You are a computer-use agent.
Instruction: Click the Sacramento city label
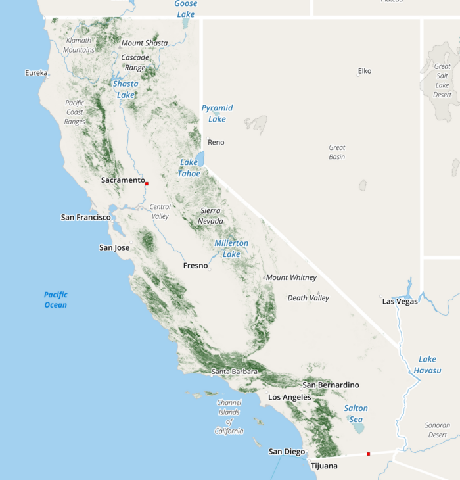tap(123, 180)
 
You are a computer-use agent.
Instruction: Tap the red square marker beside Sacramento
tap(147, 183)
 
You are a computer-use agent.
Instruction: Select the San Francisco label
tap(85, 217)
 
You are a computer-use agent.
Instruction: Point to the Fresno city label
tap(195, 266)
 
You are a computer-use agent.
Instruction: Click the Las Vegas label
tap(400, 301)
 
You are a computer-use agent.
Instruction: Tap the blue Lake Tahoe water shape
tap(200, 159)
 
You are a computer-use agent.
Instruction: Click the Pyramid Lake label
tap(217, 113)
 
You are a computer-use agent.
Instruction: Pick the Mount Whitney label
tap(291, 277)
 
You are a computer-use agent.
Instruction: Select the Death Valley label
tap(308, 298)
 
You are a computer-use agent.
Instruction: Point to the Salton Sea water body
tap(358, 428)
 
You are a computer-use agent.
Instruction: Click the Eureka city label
tap(36, 73)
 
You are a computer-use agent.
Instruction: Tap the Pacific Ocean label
tap(56, 300)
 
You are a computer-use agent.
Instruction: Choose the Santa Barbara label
tap(235, 372)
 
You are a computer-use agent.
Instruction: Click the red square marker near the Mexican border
tap(369, 454)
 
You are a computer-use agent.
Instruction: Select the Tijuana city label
tap(324, 466)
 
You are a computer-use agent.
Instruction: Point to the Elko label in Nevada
tap(365, 71)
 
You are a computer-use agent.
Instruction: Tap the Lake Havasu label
tap(428, 364)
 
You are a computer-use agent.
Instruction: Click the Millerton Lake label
tap(231, 249)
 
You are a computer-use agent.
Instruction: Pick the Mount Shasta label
tap(145, 43)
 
